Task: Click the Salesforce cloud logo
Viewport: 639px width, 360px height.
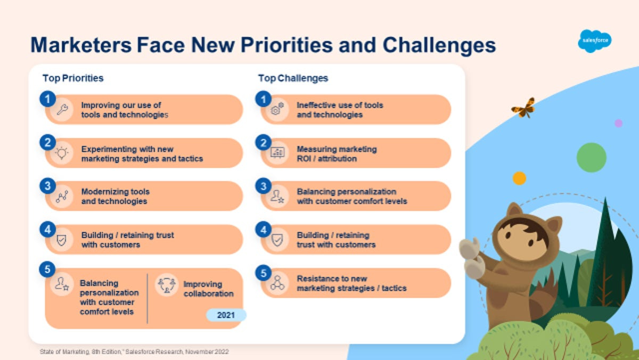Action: pos(594,41)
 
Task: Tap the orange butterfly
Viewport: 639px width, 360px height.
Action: pos(523,108)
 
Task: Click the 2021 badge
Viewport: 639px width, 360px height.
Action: pos(226,315)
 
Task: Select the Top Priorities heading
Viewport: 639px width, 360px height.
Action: pos(73,78)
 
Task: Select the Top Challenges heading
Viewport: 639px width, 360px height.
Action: pos(293,78)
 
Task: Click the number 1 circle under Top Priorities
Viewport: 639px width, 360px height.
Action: pos(47,99)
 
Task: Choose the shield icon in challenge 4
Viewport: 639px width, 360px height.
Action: pos(277,240)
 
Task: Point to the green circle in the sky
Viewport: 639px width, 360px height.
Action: pos(591,157)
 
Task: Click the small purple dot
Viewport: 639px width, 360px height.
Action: pos(618,123)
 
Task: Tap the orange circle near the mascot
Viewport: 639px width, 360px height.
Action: pos(519,178)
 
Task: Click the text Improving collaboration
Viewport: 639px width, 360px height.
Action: pos(208,289)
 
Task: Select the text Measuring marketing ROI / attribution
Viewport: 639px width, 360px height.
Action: pos(337,153)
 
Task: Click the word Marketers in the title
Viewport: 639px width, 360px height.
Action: pos(81,45)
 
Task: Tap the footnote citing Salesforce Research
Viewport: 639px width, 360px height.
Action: pos(134,351)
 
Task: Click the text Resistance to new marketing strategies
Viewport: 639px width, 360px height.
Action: pos(351,283)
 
